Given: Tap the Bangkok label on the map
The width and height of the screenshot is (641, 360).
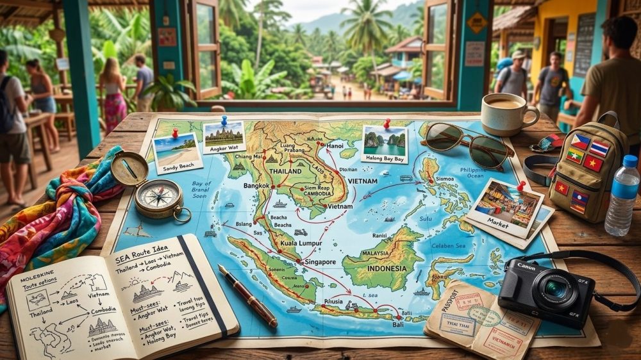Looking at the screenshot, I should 258,185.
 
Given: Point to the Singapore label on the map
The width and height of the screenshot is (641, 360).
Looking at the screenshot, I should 318,262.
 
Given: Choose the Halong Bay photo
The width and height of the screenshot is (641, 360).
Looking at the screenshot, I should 385,143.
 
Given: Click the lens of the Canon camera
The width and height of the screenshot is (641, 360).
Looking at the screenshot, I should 555,290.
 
